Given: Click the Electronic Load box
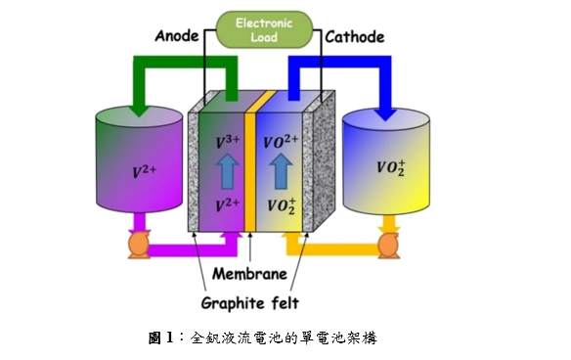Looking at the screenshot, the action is click(x=264, y=30).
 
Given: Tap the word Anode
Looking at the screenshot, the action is click(x=177, y=36).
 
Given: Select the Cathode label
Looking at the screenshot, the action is click(x=355, y=37).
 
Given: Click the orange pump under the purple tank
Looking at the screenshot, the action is click(x=139, y=245).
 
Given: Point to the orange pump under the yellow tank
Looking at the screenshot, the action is click(x=388, y=245).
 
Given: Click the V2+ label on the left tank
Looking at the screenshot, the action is click(x=145, y=171).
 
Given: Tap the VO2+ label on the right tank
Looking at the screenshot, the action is click(x=391, y=167).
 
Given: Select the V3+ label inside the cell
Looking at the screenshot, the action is click(x=228, y=142).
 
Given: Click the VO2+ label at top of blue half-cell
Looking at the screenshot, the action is click(x=281, y=142).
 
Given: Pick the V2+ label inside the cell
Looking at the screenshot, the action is click(x=227, y=205).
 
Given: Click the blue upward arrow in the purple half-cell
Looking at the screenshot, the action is click(x=228, y=171).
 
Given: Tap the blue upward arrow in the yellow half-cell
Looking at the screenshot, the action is click(x=281, y=171).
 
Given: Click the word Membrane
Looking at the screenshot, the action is click(x=250, y=274).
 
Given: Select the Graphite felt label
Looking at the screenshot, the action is click(x=250, y=303).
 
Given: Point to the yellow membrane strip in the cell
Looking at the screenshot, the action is click(x=250, y=171).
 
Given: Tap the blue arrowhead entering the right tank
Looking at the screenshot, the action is click(x=385, y=112).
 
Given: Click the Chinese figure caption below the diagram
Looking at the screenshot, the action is click(x=263, y=337).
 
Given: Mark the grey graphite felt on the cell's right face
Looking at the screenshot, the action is click(x=324, y=160).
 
